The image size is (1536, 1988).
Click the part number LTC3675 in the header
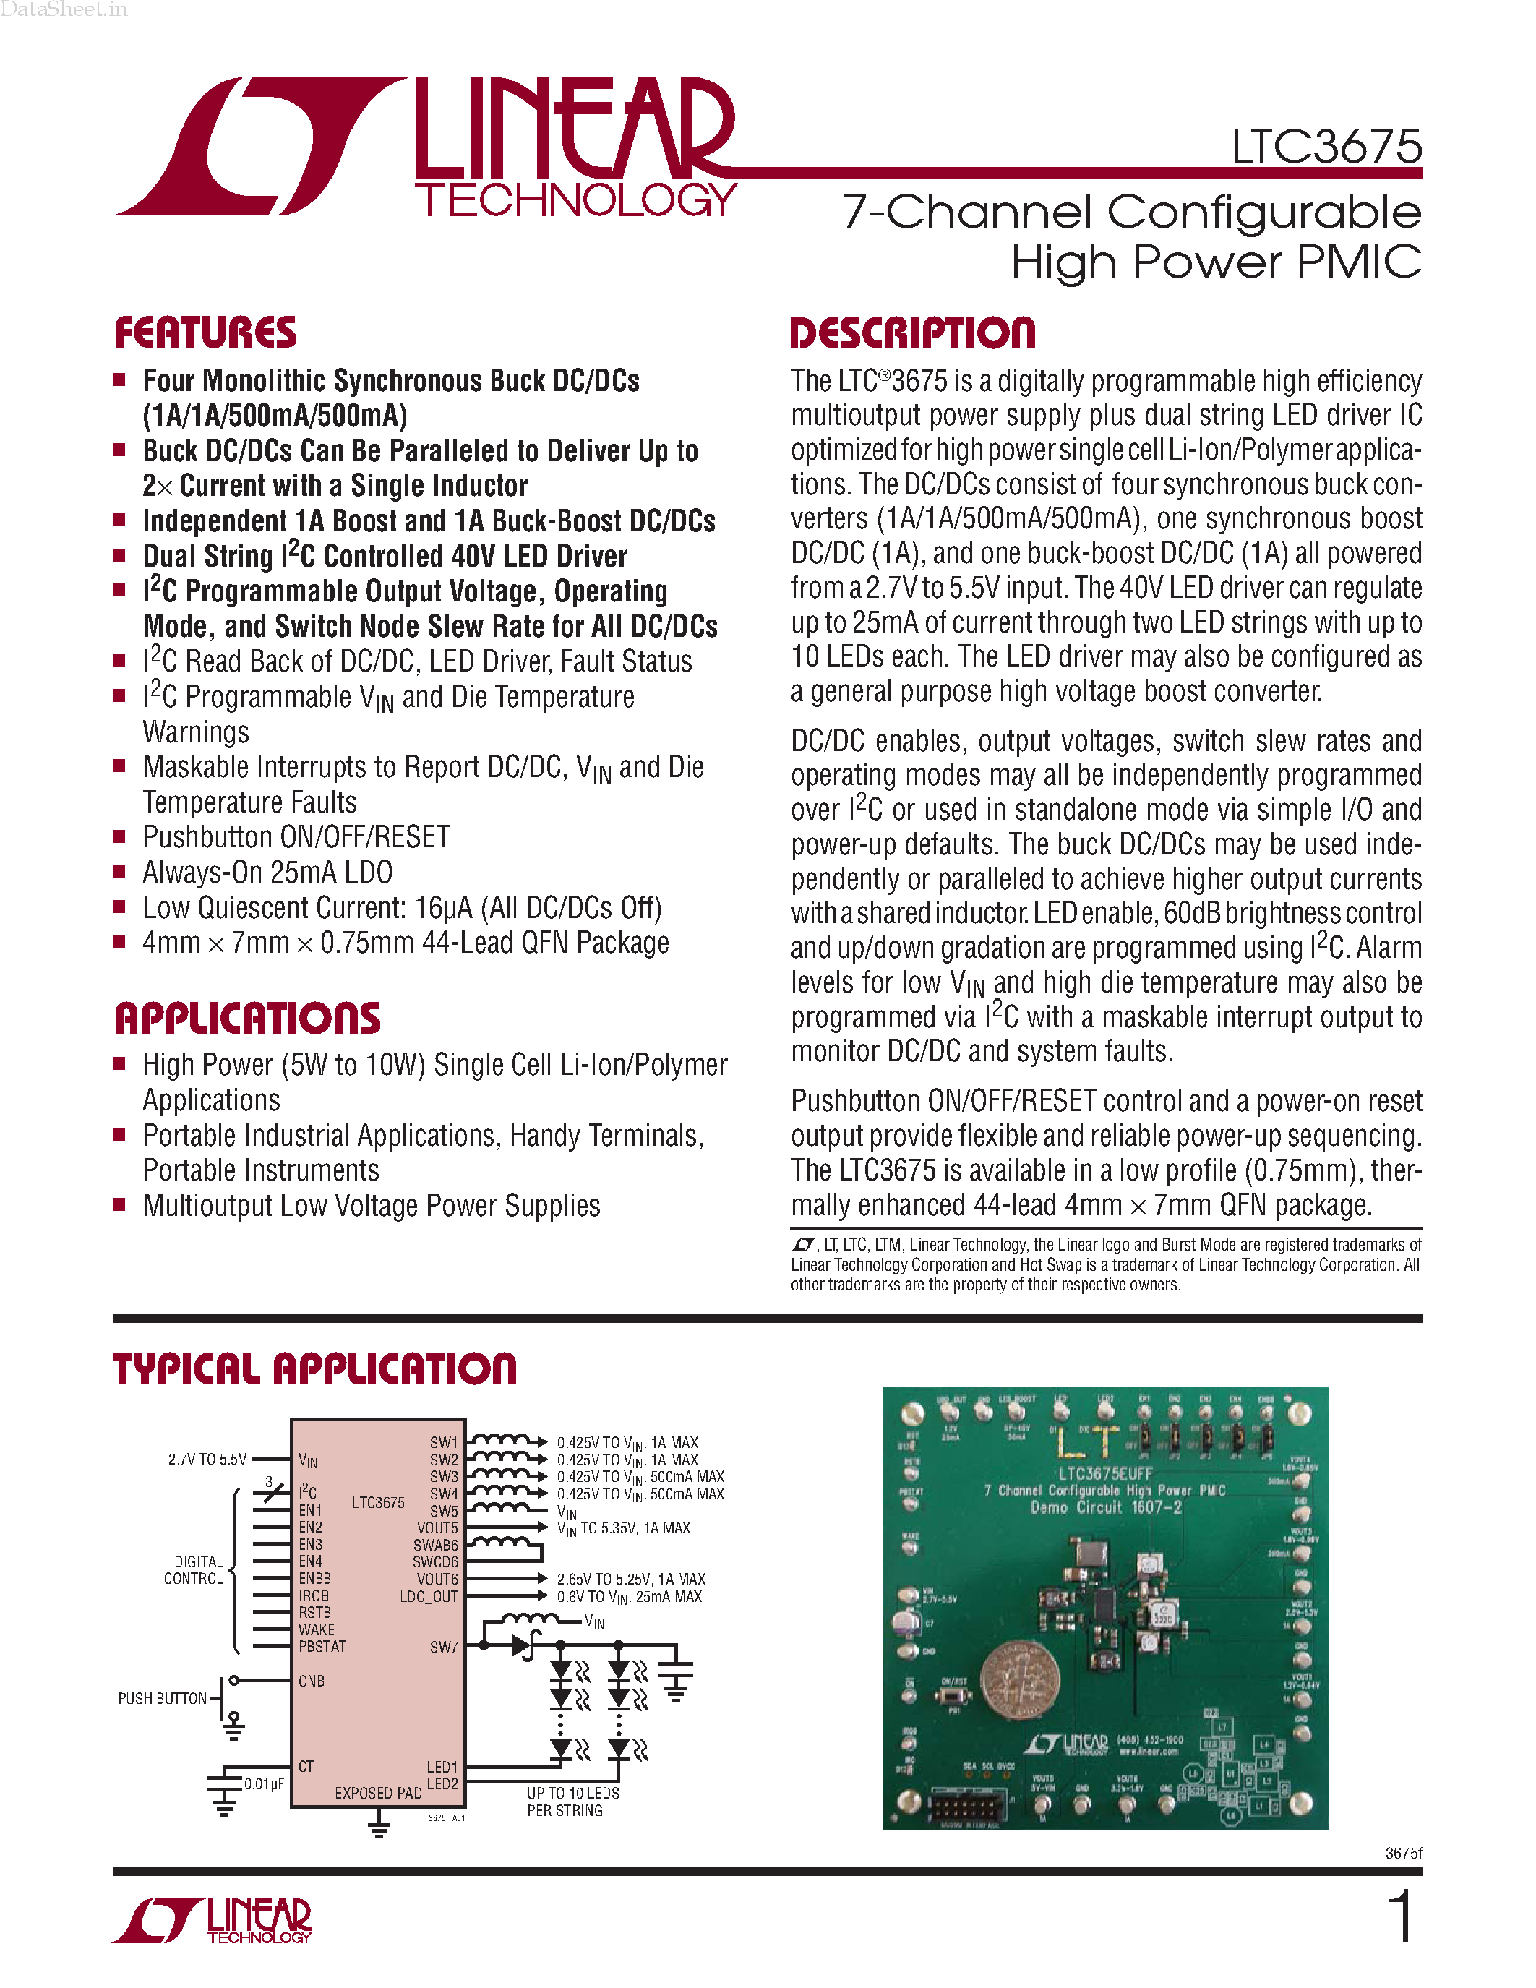coord(1326,147)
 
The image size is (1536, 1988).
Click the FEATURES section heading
coord(206,333)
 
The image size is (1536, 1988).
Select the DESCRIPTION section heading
coord(913,333)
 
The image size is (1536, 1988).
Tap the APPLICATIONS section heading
coord(247,1019)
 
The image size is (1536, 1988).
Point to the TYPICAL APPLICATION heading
coord(315,1369)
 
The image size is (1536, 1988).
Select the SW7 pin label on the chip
coord(444,1647)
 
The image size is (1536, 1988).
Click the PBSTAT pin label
coord(322,1647)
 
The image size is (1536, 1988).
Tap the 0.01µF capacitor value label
coord(264,1783)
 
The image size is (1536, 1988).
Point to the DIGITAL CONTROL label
coord(194,1570)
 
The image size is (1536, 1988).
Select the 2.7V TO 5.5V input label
coord(207,1459)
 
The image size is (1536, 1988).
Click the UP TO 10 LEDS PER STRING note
coord(572,1801)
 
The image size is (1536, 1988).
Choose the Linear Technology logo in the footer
coord(212,1920)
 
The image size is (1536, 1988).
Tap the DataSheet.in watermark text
coord(64,10)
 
